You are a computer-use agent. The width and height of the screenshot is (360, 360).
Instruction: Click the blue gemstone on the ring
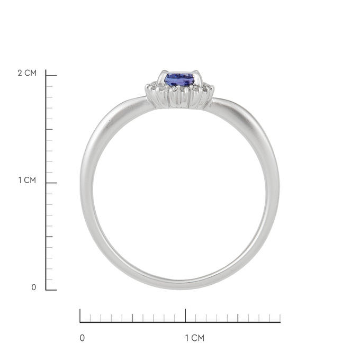coord(179,79)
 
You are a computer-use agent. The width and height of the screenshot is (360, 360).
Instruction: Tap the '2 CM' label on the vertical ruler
coord(27,73)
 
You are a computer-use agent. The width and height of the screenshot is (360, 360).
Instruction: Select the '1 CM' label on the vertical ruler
coord(27,180)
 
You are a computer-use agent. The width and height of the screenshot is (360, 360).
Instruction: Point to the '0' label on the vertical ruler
coord(34,287)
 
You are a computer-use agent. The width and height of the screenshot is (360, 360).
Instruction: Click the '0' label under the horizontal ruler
coord(82,338)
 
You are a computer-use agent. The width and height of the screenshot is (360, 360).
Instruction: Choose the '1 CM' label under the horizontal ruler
coord(195,338)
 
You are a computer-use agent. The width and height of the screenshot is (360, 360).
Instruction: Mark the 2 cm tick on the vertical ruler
coord(51,76)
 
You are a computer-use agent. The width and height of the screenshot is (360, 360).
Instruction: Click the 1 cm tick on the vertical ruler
coord(51,183)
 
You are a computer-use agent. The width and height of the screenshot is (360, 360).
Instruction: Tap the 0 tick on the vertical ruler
coord(51,290)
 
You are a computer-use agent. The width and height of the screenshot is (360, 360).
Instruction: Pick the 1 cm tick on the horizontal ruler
coord(185,316)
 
